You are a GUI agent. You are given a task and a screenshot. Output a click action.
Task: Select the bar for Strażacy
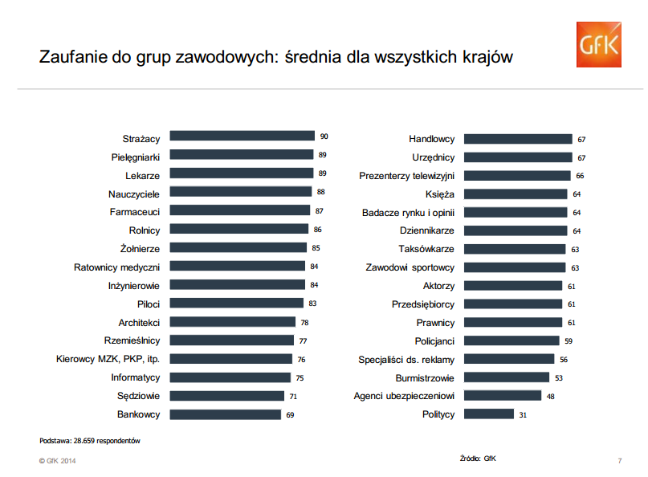pos(242,137)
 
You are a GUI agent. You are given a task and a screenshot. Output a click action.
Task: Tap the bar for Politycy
pos(489,414)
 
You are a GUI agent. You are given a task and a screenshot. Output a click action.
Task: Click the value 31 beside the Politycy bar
pos(523,415)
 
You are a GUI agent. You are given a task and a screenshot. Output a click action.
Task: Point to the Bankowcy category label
pos(139,414)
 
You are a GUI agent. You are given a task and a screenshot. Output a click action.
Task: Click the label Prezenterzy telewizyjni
pos(406,176)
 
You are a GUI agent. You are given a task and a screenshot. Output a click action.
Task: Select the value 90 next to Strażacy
pos(324,137)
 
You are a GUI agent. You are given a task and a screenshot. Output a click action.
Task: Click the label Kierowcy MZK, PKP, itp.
pos(108,359)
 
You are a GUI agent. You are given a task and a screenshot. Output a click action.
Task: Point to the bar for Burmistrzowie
pos(507,377)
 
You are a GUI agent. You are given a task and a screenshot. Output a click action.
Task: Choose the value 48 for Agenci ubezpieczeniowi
pos(551,397)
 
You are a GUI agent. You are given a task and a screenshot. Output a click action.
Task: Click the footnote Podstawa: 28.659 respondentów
pos(90,441)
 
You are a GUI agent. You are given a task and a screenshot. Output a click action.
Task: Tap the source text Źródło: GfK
pos(478,459)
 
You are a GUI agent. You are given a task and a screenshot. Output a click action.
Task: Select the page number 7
pos(620,460)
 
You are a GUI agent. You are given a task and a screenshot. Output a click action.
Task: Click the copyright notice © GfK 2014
pos(57,460)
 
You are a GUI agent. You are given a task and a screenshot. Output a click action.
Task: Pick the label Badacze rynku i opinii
pos(408,213)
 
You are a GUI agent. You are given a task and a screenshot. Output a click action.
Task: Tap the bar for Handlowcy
pos(518,139)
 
